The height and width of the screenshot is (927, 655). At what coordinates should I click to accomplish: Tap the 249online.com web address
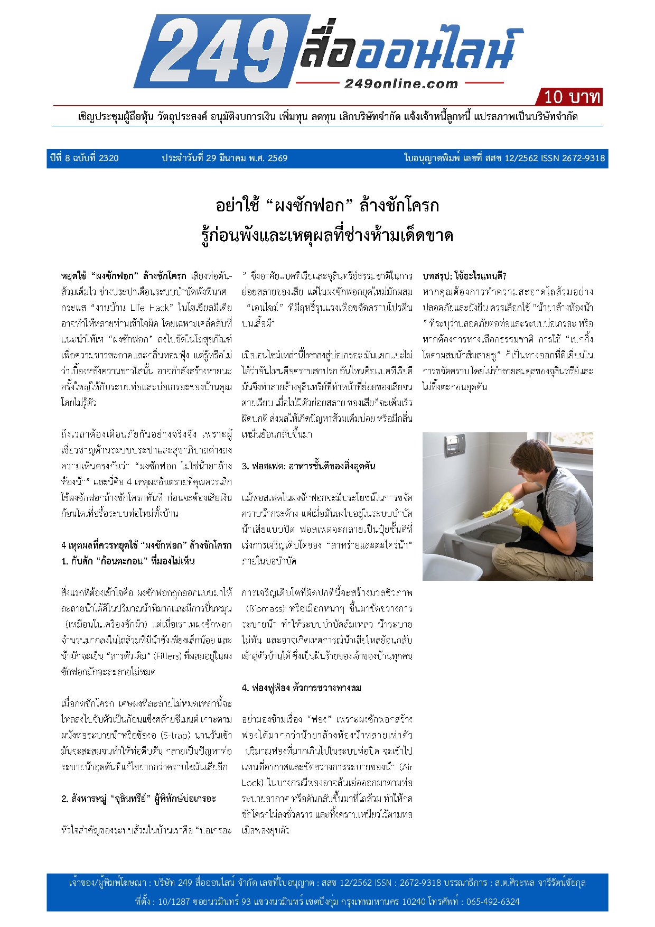tap(401, 84)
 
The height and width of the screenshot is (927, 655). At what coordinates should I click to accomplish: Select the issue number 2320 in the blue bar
tap(109, 158)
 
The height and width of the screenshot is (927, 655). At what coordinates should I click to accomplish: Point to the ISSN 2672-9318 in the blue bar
tap(573, 158)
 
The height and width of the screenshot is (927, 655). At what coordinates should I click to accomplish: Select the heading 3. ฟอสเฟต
tap(308, 466)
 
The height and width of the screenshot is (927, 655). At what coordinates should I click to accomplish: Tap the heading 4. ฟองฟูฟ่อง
tap(302, 688)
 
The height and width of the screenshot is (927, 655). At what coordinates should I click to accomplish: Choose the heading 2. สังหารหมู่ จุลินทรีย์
tap(138, 799)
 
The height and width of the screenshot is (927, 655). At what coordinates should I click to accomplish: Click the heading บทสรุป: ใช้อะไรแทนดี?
tap(464, 276)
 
